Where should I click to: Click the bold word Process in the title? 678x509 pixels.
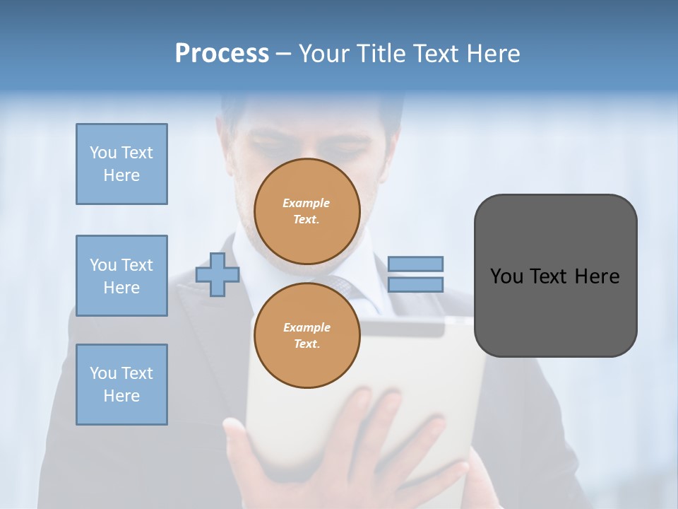(x=222, y=54)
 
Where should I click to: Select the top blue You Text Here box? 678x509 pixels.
(x=121, y=164)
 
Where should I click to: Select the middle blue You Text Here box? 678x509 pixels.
(x=121, y=276)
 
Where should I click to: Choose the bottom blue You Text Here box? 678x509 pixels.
(x=121, y=385)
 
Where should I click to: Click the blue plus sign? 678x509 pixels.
(x=218, y=274)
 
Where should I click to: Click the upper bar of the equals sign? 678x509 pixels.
(x=415, y=264)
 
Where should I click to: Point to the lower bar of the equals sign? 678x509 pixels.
(x=415, y=284)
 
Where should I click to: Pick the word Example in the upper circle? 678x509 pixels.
(x=307, y=203)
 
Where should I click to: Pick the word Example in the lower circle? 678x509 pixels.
(x=307, y=327)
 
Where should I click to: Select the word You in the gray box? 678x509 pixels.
(x=506, y=276)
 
